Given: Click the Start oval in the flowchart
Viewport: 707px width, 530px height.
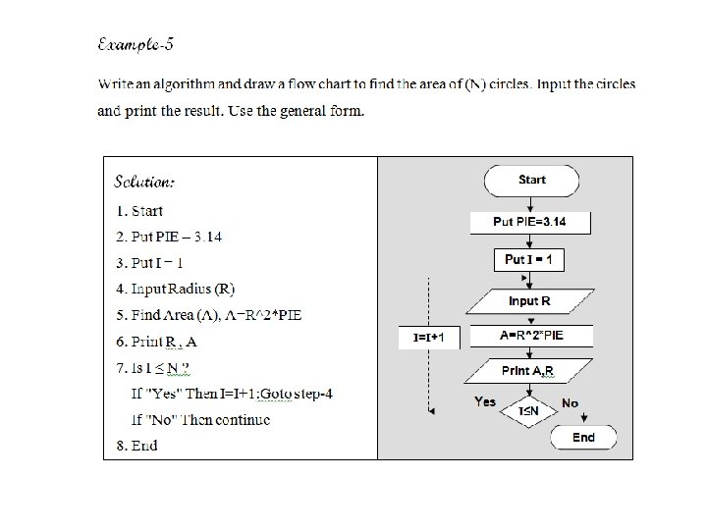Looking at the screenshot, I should pos(531,181).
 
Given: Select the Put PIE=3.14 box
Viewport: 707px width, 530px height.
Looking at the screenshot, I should pos(529,222).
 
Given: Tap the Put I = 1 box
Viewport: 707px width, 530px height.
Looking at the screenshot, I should pos(529,260).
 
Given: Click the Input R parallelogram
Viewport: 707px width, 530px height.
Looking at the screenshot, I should pos(529,300).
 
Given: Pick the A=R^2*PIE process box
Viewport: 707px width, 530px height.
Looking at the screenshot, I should pos(530,336).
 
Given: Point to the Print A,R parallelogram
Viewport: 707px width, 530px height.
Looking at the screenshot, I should pos(528,371).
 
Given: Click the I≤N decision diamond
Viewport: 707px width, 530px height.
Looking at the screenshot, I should pos(528,410).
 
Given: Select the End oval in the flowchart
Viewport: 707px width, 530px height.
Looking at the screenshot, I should pos(583,438).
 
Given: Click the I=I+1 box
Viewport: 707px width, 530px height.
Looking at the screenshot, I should pos(429,338).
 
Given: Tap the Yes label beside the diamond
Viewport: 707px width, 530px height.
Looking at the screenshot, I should pos(485,401).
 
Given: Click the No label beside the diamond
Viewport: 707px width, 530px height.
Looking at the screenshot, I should pos(570,403).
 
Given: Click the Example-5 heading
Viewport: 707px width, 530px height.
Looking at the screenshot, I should pos(136,45).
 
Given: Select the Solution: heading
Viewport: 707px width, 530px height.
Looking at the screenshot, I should pos(144,182).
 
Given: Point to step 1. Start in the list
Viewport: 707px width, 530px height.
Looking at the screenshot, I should pos(139,211).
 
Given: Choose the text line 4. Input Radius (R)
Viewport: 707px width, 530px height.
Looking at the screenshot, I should pos(175,290).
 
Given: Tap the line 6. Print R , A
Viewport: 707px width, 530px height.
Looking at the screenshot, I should pos(156,342).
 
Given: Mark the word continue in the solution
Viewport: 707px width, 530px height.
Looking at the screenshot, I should pos(243,420).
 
